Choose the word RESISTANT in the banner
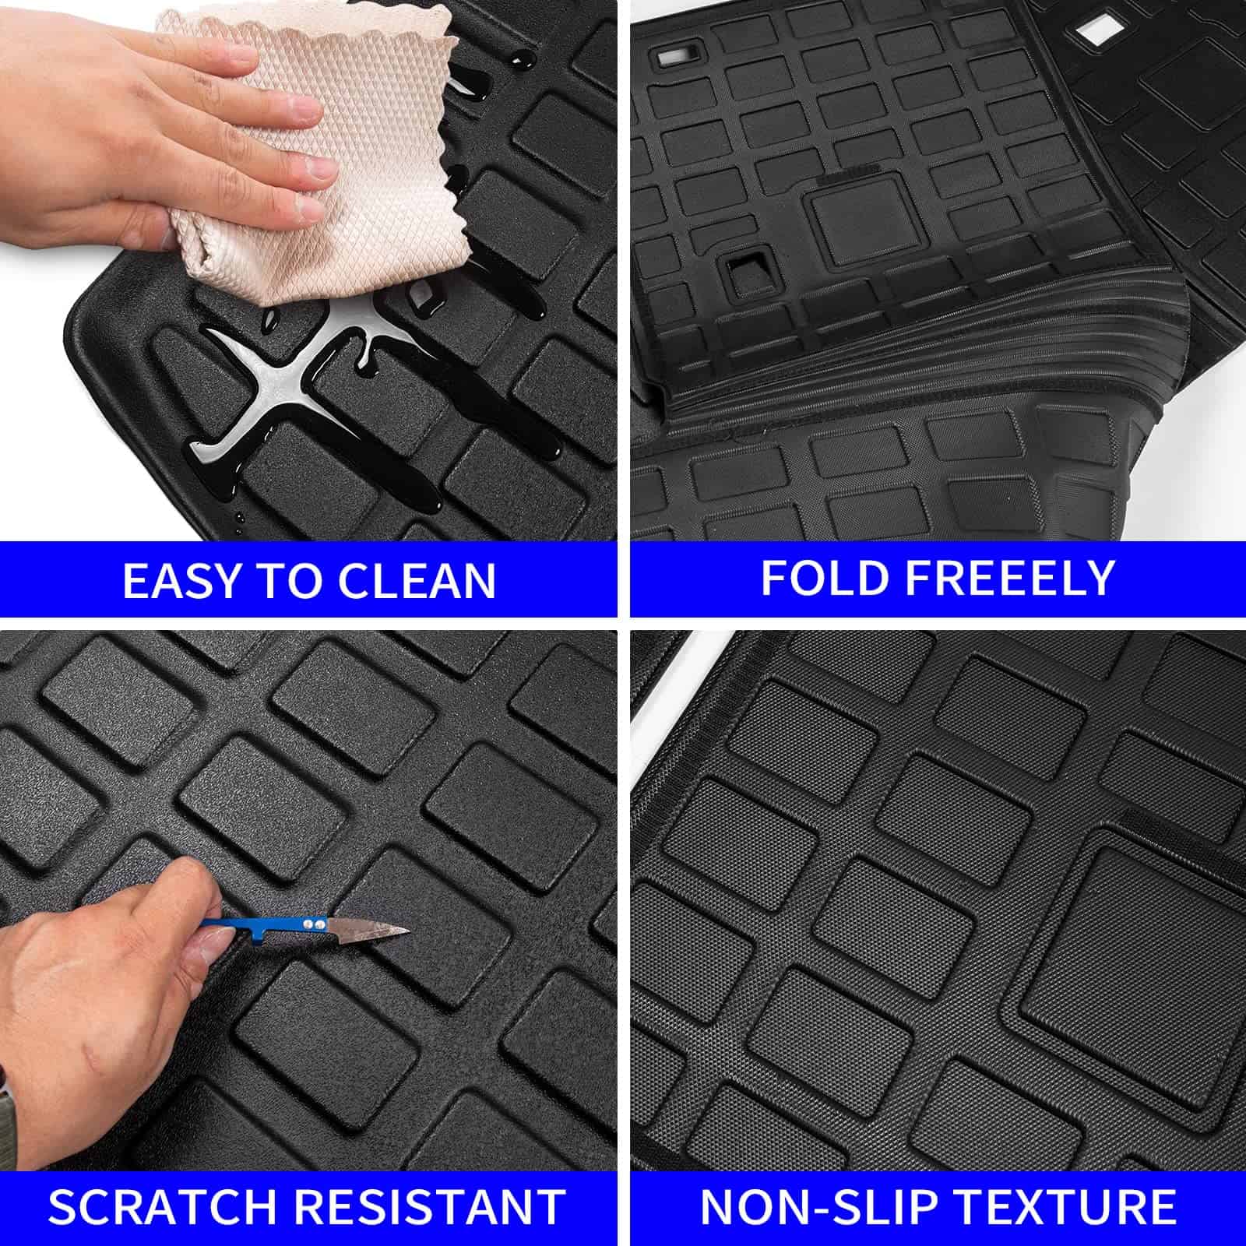(431, 1206)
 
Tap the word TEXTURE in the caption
(1066, 1206)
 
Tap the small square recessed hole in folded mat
(745, 276)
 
